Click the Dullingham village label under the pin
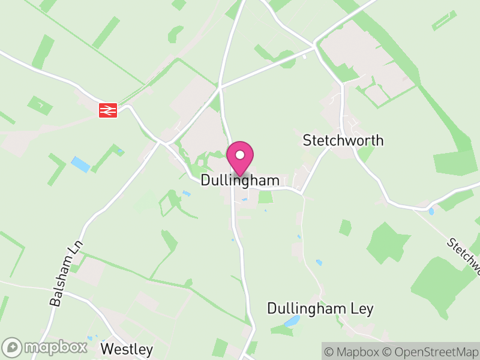(240, 180)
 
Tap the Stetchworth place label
(343, 141)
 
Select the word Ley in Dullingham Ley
(362, 309)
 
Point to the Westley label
(127, 349)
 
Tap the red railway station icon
(108, 110)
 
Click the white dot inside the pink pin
(240, 155)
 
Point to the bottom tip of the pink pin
(240, 176)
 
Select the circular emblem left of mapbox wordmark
(13, 347)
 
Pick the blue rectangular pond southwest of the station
(80, 164)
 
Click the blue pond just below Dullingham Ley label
(292, 322)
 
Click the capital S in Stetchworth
(307, 141)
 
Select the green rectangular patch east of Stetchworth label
(455, 163)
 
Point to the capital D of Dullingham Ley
(272, 309)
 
